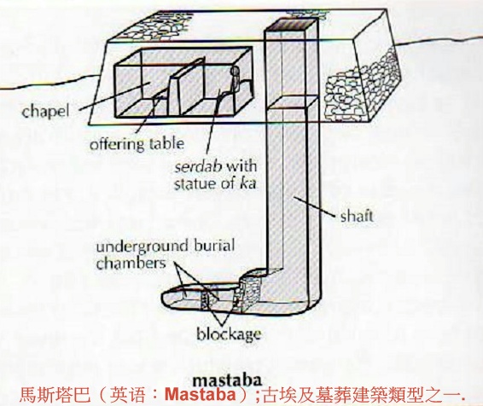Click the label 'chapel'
45,112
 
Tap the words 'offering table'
137,144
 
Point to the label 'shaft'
357,216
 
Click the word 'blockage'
229,334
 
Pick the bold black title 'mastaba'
227,380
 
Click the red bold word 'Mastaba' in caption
201,395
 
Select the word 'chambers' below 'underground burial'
131,264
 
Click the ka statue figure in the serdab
235,78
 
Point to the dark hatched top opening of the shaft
291,25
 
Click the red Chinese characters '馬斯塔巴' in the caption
55,395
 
